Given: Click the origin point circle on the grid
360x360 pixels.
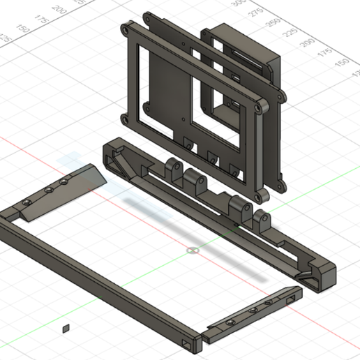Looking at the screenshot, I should [193, 250].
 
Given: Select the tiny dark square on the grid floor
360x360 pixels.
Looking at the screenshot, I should [66, 327].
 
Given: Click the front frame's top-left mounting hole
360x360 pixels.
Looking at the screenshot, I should [125, 31].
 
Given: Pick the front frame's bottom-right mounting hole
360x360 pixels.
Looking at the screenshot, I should [261, 188].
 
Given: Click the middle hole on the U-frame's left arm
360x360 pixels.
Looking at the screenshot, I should [50, 188].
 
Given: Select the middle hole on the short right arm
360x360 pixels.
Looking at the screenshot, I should [253, 310].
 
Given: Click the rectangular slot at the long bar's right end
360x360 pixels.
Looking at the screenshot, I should [187, 344].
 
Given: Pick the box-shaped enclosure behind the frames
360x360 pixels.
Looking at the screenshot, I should [244, 52].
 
